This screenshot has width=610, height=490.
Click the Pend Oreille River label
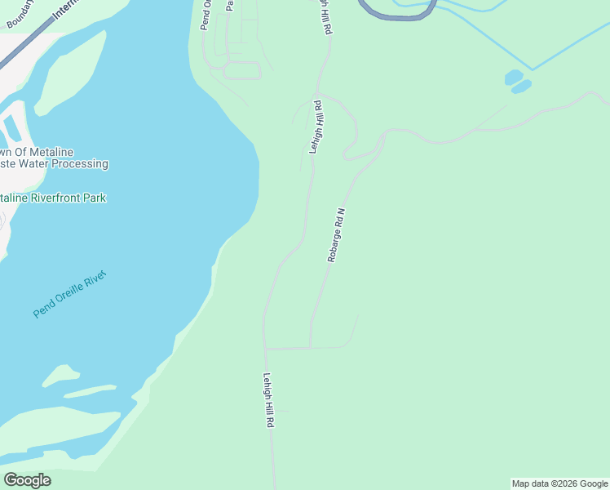tap(70, 294)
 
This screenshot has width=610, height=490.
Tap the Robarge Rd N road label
tap(337, 234)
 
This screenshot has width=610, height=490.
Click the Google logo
tap(27, 480)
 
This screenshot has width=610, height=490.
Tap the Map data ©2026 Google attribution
tap(559, 483)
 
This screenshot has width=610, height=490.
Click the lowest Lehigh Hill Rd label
tap(268, 401)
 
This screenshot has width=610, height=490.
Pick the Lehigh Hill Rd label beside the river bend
tap(317, 127)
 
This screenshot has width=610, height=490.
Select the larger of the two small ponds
tap(514, 78)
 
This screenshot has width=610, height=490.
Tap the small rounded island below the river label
tap(60, 376)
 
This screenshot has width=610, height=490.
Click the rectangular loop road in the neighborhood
tap(241, 70)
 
